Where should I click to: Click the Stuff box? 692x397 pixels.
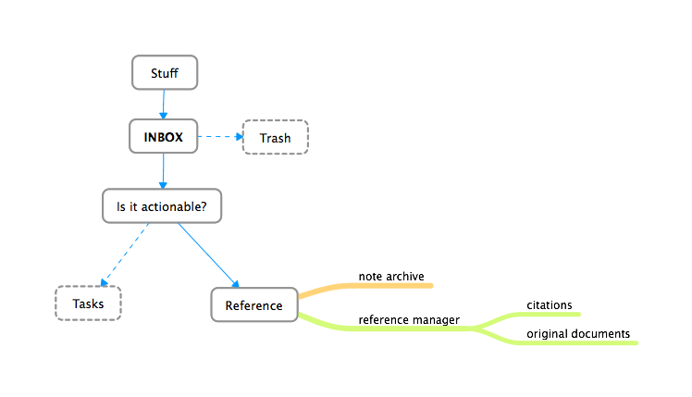point(164,74)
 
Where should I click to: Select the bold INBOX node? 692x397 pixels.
point(164,139)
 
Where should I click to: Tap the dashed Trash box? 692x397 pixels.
point(275,139)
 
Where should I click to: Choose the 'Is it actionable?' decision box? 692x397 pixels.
point(162,206)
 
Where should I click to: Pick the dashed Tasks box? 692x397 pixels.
point(88,304)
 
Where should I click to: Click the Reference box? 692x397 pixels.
point(254,305)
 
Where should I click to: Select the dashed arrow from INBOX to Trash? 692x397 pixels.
point(218,137)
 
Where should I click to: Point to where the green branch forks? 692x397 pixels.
point(476,328)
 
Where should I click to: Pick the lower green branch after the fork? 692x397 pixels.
point(574,343)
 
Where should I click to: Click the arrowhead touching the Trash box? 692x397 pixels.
point(237,138)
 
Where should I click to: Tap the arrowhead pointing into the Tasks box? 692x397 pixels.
point(103,283)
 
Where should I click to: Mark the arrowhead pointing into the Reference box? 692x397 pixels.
point(237,283)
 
